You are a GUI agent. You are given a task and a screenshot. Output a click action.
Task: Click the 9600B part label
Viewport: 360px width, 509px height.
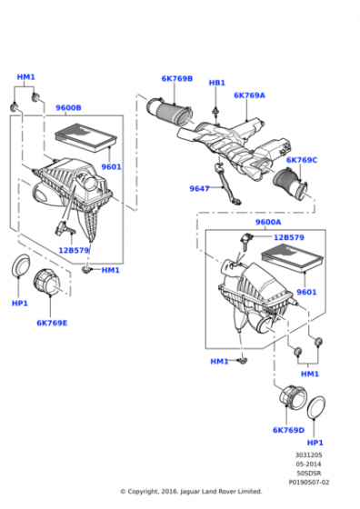tap(68, 108)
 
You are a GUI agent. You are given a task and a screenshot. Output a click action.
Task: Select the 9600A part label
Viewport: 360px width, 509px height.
tap(268, 222)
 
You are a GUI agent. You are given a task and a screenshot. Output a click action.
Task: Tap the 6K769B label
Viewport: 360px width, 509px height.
tap(177, 78)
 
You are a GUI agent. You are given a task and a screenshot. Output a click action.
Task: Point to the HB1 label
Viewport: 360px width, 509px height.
tap(217, 83)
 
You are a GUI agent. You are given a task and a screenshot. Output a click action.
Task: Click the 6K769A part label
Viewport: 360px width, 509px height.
tap(249, 95)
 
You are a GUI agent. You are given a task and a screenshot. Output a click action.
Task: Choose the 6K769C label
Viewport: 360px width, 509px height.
tap(302, 160)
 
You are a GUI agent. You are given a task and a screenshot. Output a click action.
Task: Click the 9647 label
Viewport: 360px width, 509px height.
tap(199, 188)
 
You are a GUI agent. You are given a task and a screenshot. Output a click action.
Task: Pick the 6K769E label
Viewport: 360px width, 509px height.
tap(52, 323)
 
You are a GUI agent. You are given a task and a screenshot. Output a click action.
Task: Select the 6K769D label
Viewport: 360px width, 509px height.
tap(288, 430)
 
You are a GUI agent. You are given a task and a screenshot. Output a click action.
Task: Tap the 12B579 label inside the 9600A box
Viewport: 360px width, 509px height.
tap(289, 237)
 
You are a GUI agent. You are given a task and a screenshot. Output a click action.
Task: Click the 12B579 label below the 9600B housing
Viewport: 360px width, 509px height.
tap(74, 250)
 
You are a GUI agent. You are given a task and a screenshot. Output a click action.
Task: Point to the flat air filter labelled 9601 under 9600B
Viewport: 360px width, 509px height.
tap(85, 137)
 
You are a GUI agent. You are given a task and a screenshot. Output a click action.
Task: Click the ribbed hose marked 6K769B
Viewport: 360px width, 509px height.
tap(169, 111)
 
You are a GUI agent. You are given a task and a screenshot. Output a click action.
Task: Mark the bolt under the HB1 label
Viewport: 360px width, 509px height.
tap(215, 112)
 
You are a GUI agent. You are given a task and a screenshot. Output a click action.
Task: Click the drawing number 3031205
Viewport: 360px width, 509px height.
tap(308, 455)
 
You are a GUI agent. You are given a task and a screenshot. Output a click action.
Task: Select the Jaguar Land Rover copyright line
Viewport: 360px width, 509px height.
tap(191, 492)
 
